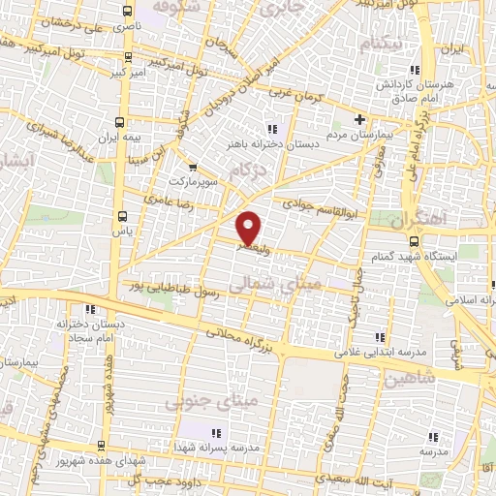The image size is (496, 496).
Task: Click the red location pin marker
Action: point(250,227)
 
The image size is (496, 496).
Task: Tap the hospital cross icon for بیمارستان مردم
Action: point(360,120)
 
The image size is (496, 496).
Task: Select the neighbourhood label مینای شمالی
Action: point(290,284)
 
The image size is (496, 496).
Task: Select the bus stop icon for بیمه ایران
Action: point(119,123)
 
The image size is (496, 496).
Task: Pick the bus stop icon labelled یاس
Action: point(122,216)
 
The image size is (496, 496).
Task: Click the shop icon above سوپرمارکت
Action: point(192,167)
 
